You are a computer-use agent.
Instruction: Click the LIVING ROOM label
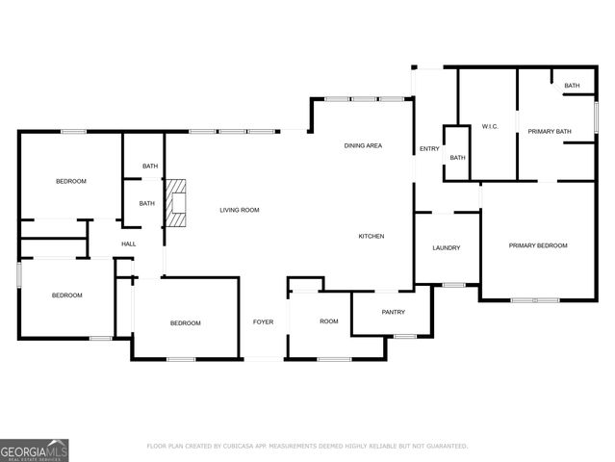point(239,210)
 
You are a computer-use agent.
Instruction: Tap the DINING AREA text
point(363,145)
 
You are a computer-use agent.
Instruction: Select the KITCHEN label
point(372,236)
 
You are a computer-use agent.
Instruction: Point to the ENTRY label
point(428,149)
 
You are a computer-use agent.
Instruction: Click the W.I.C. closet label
point(489,127)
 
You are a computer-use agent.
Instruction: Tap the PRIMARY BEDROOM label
point(538,245)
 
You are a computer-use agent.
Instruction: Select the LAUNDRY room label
point(446,247)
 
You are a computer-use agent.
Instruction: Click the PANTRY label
point(393,312)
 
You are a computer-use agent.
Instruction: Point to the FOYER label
point(263,322)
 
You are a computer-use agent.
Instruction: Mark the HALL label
point(128,244)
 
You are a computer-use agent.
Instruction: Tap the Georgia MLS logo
point(35,449)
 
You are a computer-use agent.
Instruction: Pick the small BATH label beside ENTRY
point(457,158)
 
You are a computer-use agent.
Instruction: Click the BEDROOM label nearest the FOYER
point(186,322)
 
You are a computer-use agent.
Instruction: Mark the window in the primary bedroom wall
point(534,300)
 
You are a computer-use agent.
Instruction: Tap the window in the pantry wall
point(404,336)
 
